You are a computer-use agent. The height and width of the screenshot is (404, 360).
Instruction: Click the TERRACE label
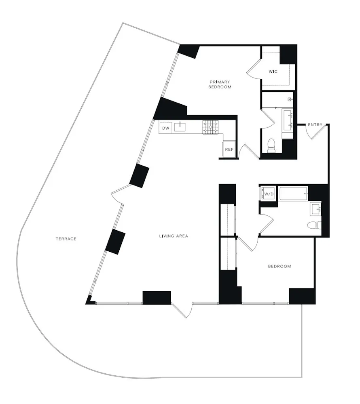point(66,239)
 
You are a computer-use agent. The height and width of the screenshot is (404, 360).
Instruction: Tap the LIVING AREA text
point(174,236)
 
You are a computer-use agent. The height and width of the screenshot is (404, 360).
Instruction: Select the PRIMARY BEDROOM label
point(220,84)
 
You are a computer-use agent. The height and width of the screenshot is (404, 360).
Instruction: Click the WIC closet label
point(273,72)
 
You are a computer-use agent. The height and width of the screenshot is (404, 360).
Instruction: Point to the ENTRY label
point(315,124)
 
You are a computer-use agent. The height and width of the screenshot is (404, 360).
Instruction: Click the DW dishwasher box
point(165,128)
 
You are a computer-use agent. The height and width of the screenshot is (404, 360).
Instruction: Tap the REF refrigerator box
point(229,149)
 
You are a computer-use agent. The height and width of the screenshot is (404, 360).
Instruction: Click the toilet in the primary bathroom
point(271,145)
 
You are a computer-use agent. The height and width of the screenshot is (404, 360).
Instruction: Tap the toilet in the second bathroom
point(313,225)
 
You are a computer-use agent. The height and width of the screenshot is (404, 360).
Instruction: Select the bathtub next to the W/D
point(294,194)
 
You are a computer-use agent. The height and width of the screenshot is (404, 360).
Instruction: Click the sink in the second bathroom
point(316,209)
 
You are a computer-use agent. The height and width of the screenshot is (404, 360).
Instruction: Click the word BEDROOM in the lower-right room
point(280,266)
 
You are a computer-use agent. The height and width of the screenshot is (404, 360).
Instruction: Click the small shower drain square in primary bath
point(290,99)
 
